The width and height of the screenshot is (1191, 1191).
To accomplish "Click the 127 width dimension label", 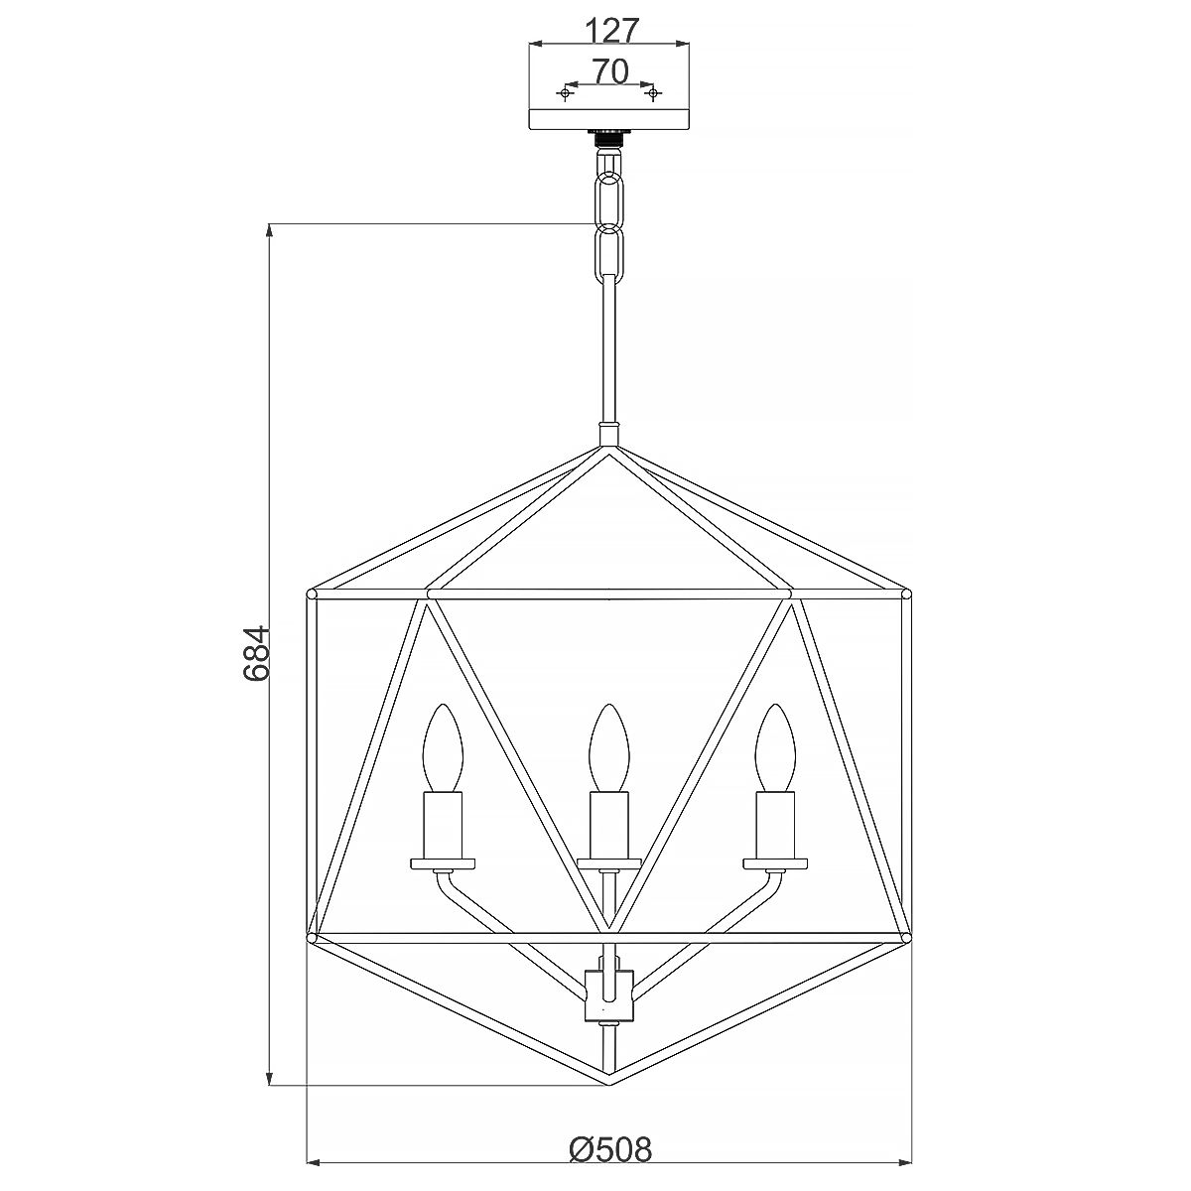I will click(608, 30).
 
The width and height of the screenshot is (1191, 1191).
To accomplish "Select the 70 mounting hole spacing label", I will click(608, 70).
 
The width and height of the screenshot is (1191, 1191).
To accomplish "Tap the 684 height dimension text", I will click(256, 653).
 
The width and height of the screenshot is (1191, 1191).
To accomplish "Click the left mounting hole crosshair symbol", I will click(565, 93).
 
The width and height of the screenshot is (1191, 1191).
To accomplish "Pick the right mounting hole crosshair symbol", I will click(652, 93).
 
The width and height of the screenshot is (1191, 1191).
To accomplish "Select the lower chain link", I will click(607, 255).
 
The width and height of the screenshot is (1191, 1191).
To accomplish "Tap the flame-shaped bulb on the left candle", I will click(443, 746).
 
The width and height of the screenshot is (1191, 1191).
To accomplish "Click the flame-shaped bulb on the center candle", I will click(608, 746).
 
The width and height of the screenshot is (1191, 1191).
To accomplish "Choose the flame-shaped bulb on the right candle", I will click(774, 746).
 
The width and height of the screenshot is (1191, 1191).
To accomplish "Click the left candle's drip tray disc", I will click(443, 862).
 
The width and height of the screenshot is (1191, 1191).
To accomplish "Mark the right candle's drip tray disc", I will click(774, 862).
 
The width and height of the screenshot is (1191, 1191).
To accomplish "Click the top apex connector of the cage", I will click(608, 435).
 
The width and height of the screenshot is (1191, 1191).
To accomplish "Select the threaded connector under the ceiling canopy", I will click(607, 138).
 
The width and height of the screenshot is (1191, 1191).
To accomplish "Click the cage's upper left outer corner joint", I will click(312, 595).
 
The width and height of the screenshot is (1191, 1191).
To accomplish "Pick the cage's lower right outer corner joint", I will click(905, 936).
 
